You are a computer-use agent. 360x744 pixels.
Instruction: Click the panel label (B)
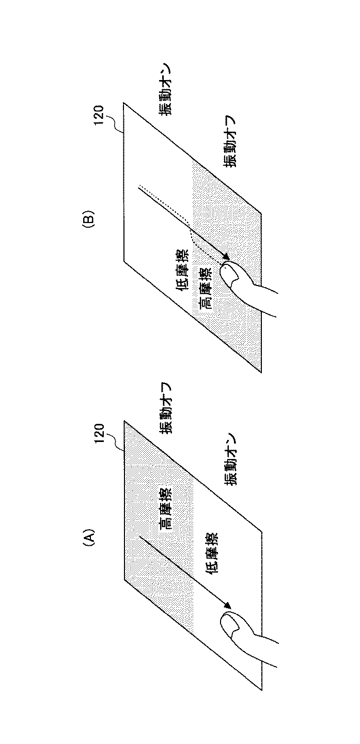[88, 218]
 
